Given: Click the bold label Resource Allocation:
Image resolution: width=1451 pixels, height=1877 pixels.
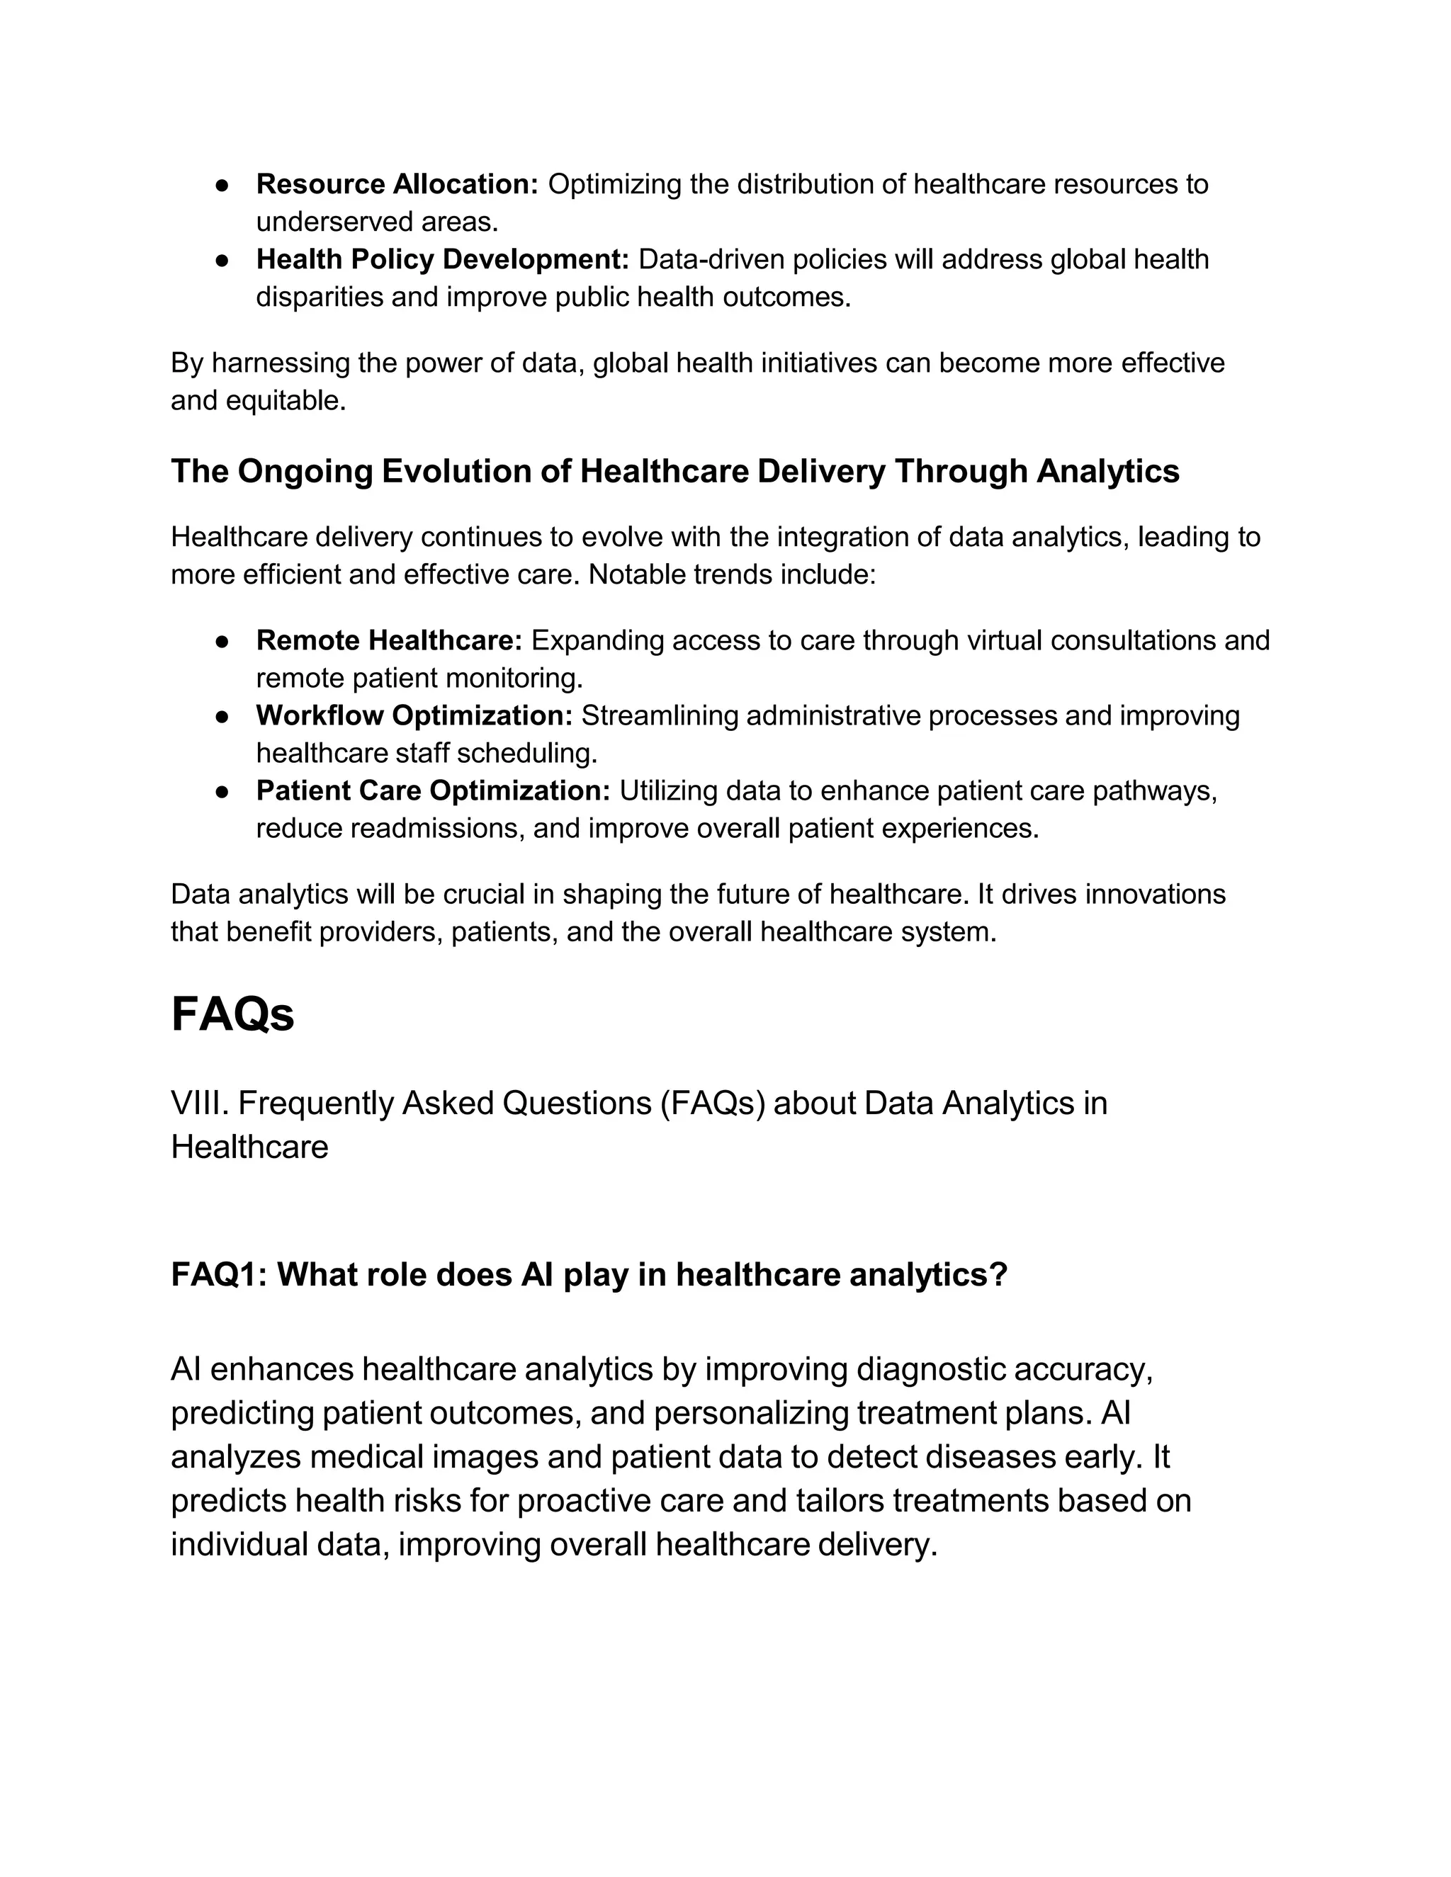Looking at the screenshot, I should coord(396,184).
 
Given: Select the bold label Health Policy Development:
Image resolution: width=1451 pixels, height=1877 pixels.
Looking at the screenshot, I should coord(443,259).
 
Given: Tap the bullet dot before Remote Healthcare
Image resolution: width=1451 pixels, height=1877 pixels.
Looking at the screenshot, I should coord(222,641).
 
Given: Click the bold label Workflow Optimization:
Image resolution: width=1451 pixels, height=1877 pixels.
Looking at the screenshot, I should coord(414,715).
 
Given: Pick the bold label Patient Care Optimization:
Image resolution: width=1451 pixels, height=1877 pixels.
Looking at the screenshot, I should coord(433,790).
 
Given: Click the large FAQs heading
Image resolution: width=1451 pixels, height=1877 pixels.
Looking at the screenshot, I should coord(232,1014).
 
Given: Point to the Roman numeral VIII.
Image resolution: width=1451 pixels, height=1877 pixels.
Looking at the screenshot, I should coord(199,1103).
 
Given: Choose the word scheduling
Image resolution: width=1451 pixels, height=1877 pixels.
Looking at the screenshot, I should coord(526,754).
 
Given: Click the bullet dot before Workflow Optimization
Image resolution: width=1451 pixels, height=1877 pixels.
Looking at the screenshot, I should coord(222,716).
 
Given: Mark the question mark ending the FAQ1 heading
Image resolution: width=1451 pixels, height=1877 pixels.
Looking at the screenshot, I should coord(998,1274).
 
